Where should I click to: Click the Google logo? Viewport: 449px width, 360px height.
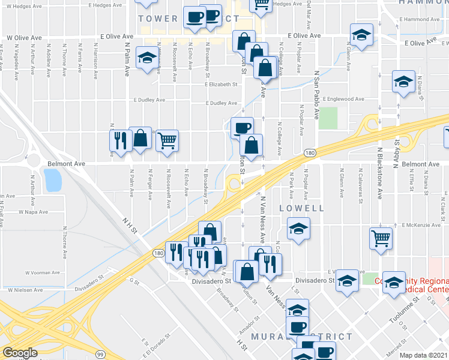pyautogui.click(x=20, y=353)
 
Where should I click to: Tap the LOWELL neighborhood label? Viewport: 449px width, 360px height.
pyautogui.click(x=301, y=208)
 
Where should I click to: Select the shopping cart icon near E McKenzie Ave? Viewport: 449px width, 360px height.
pyautogui.click(x=381, y=237)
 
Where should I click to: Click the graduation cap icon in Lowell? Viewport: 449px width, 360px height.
pyautogui.click(x=298, y=229)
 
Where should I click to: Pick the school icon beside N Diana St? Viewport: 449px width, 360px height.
pyautogui.click(x=403, y=81)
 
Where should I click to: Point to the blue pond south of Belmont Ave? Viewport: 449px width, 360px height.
pyautogui.click(x=52, y=179)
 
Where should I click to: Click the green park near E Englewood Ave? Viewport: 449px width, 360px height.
pyautogui.click(x=328, y=118)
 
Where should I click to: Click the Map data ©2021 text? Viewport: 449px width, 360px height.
pyautogui.click(x=423, y=355)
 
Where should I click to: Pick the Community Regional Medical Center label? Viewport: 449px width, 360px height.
pyautogui.click(x=411, y=285)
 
